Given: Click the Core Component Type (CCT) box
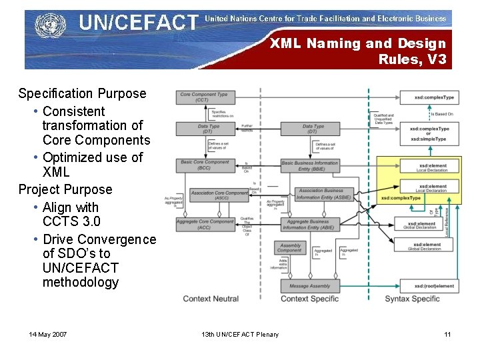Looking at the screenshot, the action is [203, 97].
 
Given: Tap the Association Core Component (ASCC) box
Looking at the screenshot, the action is [219, 195].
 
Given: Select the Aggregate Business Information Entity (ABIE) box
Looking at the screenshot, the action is [309, 225].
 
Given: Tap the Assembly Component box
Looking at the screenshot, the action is [290, 247].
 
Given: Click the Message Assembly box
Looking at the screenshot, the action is [310, 286].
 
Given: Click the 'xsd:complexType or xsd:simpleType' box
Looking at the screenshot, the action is [429, 133].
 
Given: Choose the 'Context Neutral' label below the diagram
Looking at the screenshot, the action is [211, 299].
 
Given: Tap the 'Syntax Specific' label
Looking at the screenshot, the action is [412, 299].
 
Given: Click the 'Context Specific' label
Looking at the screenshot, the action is [309, 299].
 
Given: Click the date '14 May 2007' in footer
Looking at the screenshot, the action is [48, 334].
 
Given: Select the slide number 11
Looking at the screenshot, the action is [447, 334].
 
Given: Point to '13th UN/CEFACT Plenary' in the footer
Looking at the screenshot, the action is [240, 334].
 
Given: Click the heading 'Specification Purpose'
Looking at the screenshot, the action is [82, 94].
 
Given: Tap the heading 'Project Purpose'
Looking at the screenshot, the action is [65, 189].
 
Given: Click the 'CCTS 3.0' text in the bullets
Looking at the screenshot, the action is [71, 221].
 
